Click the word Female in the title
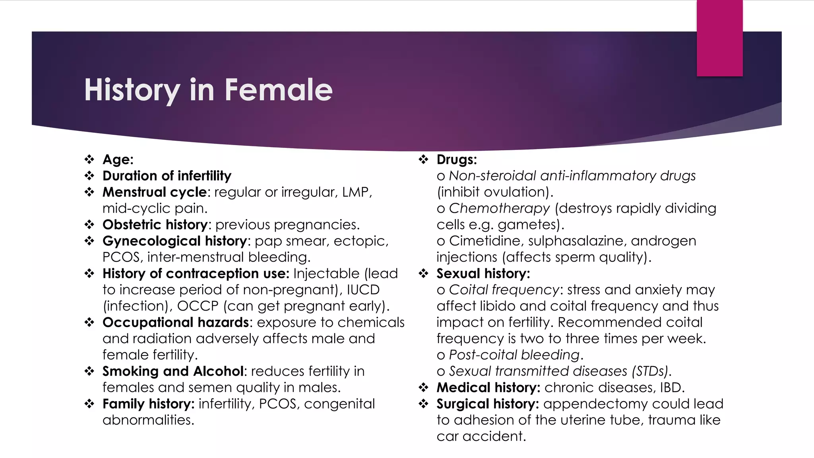point(278,90)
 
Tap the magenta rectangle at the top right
point(719,38)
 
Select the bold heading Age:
point(118,159)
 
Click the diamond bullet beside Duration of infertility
point(89,176)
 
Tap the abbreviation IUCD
point(363,290)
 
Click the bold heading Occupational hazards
point(176,322)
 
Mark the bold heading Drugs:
point(456,159)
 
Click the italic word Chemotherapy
point(499,208)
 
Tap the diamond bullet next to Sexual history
point(423,274)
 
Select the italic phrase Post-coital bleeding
point(514,355)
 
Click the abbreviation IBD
point(671,388)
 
